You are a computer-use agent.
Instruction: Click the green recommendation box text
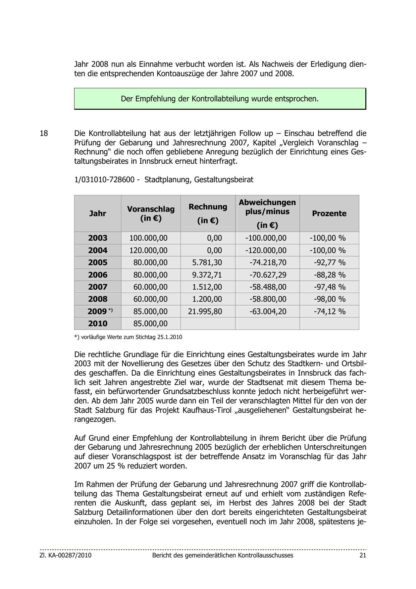point(220,99)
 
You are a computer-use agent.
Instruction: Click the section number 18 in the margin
point(44,134)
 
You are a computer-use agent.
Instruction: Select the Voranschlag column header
point(151,213)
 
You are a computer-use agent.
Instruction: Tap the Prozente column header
point(329,213)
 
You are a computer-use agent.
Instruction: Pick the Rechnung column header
point(208,213)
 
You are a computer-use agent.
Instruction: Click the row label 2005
point(98,262)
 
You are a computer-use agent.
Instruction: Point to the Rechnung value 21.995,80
point(205,311)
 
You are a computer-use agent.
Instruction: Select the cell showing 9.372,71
point(207,275)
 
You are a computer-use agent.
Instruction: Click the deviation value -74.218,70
point(268,262)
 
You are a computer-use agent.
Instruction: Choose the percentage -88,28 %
point(329,275)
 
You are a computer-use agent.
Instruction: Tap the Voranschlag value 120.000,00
point(148,250)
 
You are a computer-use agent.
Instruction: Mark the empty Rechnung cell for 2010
point(208,324)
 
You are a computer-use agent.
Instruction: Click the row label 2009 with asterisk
point(100,311)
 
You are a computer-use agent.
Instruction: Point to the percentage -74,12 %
point(329,311)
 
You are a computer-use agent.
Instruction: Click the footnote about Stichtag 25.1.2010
point(128,337)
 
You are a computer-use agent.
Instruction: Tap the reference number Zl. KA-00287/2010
point(65,555)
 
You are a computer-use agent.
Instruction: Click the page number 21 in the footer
point(363,555)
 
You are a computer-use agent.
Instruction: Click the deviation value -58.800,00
point(268,299)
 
